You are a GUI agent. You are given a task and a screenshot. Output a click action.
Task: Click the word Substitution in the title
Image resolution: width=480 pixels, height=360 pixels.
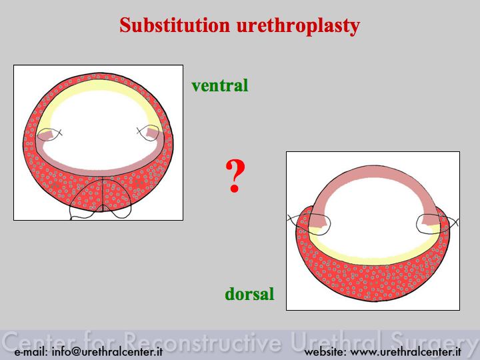(x=175, y=25)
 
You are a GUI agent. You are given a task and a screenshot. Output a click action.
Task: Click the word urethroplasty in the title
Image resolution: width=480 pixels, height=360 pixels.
(x=298, y=26)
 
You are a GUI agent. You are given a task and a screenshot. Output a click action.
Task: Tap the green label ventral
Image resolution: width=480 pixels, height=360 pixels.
(x=220, y=85)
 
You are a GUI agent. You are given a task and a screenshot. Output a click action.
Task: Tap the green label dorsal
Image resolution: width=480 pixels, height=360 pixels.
(x=249, y=294)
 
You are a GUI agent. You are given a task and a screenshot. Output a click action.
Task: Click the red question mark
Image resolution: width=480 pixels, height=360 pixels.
(x=235, y=176)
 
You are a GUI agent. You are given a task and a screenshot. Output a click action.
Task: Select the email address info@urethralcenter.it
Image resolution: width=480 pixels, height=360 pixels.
(x=107, y=351)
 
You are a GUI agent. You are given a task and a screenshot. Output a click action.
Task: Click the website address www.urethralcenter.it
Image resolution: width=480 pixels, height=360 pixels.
(x=405, y=351)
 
